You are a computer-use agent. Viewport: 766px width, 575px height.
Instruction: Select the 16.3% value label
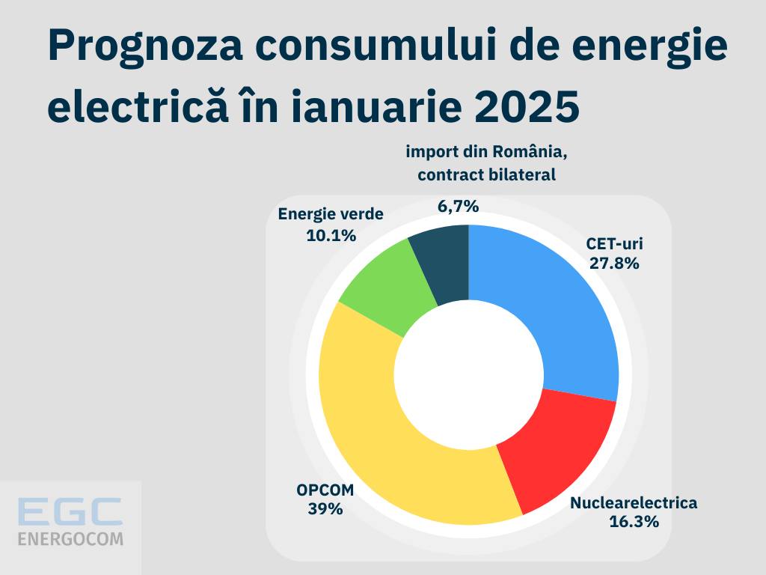click(x=634, y=522)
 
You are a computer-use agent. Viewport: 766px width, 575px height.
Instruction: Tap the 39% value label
click(x=325, y=509)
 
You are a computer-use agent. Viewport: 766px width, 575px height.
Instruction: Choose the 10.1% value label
click(x=331, y=234)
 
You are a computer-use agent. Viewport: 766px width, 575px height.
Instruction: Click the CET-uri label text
click(x=615, y=244)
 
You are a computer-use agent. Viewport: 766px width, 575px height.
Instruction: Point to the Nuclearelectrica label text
click(x=634, y=502)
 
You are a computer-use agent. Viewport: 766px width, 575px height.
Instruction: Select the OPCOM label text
click(x=325, y=490)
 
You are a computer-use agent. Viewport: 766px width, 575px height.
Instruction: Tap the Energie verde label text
click(x=331, y=214)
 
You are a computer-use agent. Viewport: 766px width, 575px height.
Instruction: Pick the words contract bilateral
click(x=487, y=175)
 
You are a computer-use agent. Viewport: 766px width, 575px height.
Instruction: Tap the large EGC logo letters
click(x=70, y=512)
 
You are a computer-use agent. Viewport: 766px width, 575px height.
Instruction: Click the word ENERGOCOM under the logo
click(x=70, y=538)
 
